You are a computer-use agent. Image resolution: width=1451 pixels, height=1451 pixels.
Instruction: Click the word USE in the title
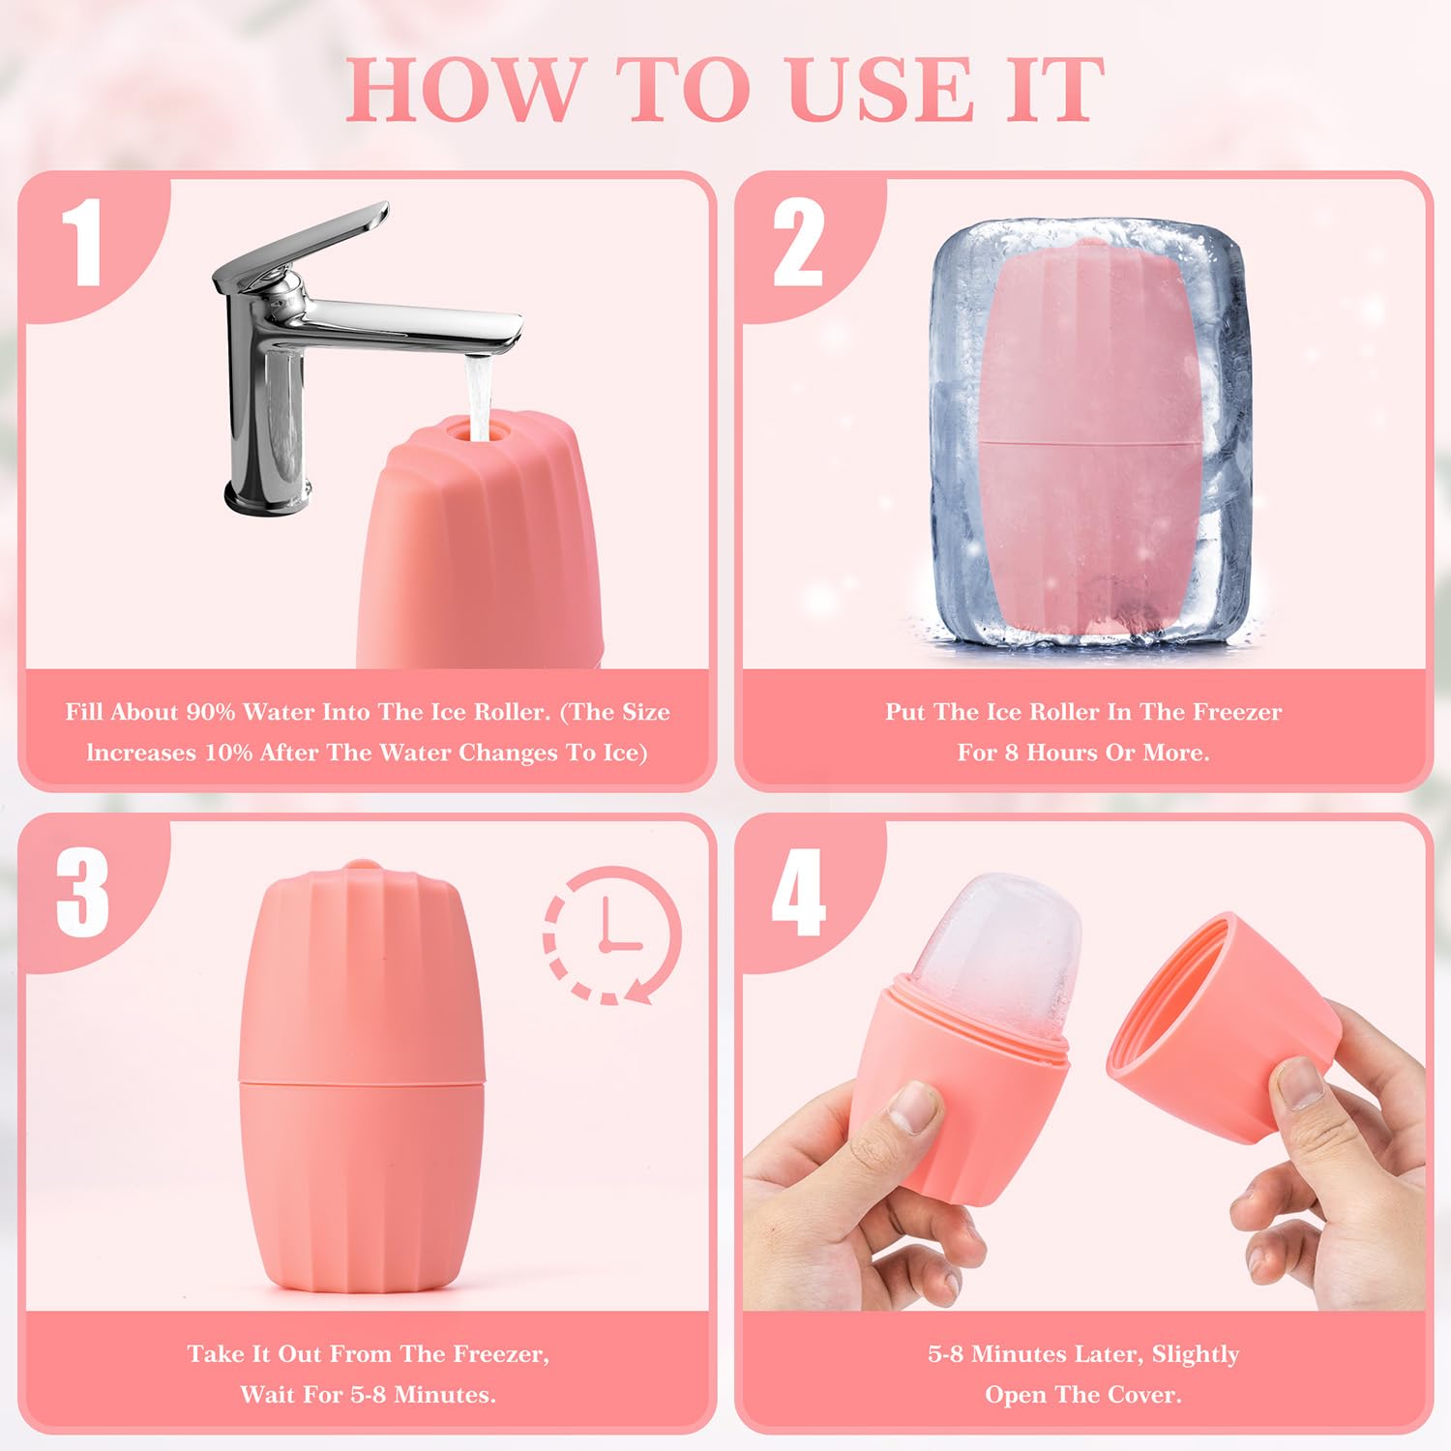click(x=880, y=89)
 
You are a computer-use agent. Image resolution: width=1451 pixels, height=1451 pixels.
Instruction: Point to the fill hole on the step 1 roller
click(x=478, y=429)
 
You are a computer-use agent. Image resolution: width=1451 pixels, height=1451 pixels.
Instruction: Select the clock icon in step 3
click(x=611, y=934)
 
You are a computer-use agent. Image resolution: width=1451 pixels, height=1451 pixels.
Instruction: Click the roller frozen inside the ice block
click(x=1081, y=445)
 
